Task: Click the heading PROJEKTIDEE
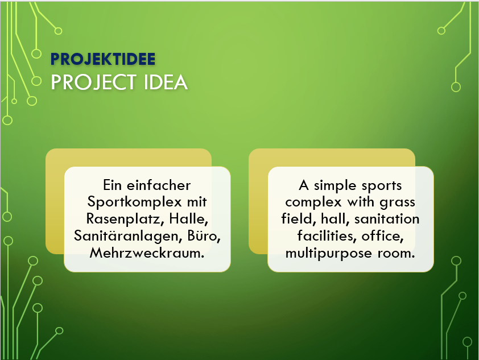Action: tap(103, 59)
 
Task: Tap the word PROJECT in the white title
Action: tap(93, 82)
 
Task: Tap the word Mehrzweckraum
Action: tap(147, 253)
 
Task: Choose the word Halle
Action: tap(188, 218)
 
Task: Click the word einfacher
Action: tap(159, 185)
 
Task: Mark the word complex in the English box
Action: tap(313, 202)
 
